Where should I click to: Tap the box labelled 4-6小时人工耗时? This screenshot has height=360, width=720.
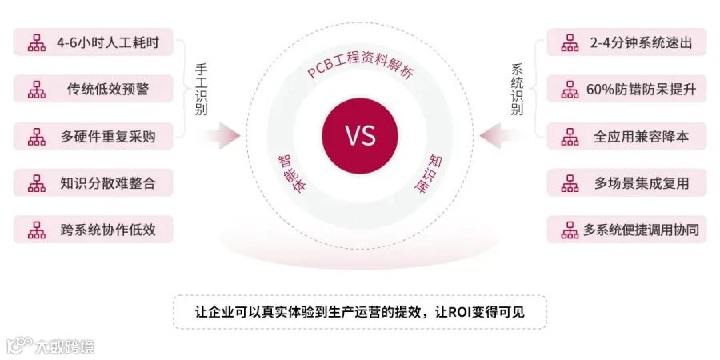[94, 42]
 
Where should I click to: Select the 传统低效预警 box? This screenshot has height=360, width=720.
[94, 89]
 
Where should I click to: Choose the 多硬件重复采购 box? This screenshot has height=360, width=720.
[94, 136]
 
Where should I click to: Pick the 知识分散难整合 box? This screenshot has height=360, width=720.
[94, 183]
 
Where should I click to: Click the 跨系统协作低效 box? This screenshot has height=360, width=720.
[94, 230]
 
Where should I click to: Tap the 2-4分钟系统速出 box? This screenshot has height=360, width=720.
[626, 42]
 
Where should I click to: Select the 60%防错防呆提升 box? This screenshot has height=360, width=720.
[626, 89]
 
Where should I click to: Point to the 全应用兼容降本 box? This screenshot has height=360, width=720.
[626, 136]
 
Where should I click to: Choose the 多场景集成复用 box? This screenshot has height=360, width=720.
[626, 183]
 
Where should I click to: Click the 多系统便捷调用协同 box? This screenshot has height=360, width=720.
[626, 230]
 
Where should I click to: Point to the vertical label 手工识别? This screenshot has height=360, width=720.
[201, 89]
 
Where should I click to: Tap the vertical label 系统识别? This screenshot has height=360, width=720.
[518, 89]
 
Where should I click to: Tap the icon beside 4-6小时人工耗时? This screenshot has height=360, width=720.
[37, 42]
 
